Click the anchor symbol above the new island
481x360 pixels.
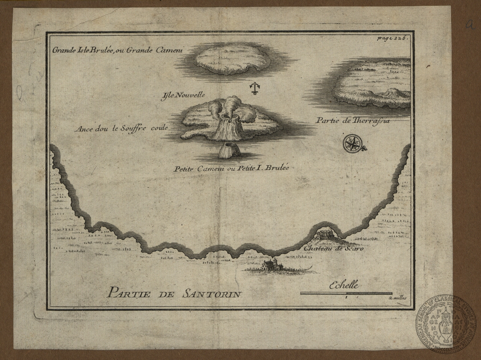[x=253, y=88]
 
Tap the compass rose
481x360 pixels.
[x=351, y=143]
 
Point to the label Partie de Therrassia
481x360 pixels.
[x=353, y=121]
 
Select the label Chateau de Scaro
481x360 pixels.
[x=333, y=249]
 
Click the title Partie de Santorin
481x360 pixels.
[x=174, y=294]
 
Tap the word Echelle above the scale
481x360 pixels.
[x=344, y=285]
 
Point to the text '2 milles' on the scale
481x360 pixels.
[x=397, y=298]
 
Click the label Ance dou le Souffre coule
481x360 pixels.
[x=121, y=128]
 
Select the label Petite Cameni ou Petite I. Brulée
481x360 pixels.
[x=231, y=168]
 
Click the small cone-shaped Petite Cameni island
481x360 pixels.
[x=229, y=150]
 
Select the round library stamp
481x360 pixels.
[x=445, y=324]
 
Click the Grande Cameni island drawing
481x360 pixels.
[x=233, y=58]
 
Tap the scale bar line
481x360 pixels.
[x=346, y=293]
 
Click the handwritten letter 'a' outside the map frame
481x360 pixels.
[x=470, y=25]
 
